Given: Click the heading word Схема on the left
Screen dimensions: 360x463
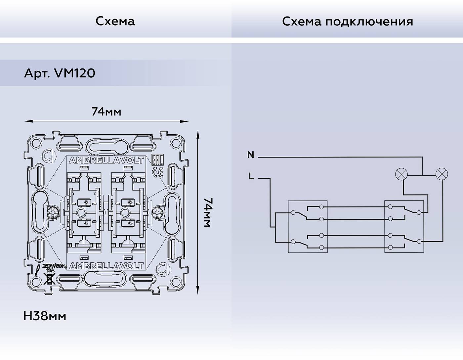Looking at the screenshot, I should (115, 21).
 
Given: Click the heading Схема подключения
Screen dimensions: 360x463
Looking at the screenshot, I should (347, 22).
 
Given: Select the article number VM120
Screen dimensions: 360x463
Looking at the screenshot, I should (60, 73).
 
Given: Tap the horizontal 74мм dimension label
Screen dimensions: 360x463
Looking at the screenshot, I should (106, 112).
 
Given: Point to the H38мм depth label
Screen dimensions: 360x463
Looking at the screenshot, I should (45, 316).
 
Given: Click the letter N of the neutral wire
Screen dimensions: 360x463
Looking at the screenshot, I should (251, 155).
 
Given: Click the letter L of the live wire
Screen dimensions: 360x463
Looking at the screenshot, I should (251, 177).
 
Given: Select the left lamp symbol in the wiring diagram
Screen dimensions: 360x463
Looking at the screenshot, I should (402, 174).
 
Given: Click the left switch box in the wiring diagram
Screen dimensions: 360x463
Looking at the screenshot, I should (308, 227).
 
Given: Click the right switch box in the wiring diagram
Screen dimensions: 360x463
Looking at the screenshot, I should (404, 227).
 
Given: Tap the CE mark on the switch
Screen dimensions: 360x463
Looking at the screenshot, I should (159, 172).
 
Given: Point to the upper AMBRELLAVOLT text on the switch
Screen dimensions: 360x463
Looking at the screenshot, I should (106, 160).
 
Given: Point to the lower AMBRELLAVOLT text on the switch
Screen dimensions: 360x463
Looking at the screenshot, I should (106, 266).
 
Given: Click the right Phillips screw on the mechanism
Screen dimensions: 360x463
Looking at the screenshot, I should (158, 212).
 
